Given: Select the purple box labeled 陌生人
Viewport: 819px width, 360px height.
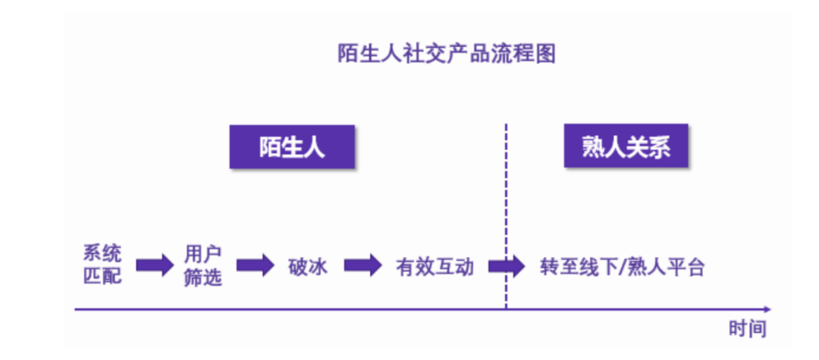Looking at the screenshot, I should tap(292, 147).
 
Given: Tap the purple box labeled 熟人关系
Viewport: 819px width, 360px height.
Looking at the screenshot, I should tap(626, 147).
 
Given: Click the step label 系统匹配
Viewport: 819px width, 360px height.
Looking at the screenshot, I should tap(102, 265).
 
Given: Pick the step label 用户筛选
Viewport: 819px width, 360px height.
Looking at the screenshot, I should tap(203, 265).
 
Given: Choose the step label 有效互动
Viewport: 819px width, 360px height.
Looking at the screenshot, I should tap(435, 267).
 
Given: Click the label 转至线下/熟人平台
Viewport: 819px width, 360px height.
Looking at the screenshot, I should tap(623, 267).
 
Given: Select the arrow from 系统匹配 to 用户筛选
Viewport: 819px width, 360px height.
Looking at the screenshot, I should tap(155, 265).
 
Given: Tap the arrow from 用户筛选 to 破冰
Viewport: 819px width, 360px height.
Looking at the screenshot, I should tap(255, 265).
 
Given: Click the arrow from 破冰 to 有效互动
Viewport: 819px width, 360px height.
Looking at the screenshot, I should tap(363, 265).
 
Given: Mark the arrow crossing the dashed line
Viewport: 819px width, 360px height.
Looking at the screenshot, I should tap(507, 265).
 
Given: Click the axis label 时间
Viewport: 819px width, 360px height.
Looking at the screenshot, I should tap(747, 329).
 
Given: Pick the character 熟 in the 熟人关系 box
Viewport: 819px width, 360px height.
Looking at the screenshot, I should tap(592, 147).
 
